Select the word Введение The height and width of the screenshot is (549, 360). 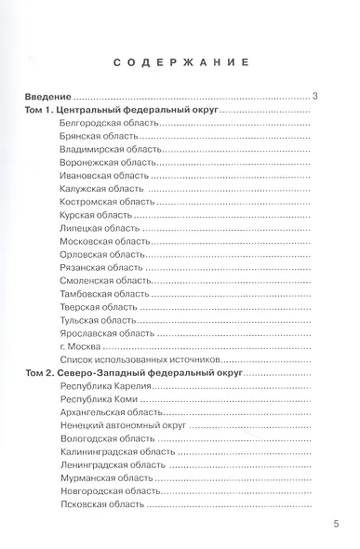tap(47, 96)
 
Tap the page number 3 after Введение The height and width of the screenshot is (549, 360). tap(317, 96)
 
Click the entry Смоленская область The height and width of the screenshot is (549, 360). tap(102, 279)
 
